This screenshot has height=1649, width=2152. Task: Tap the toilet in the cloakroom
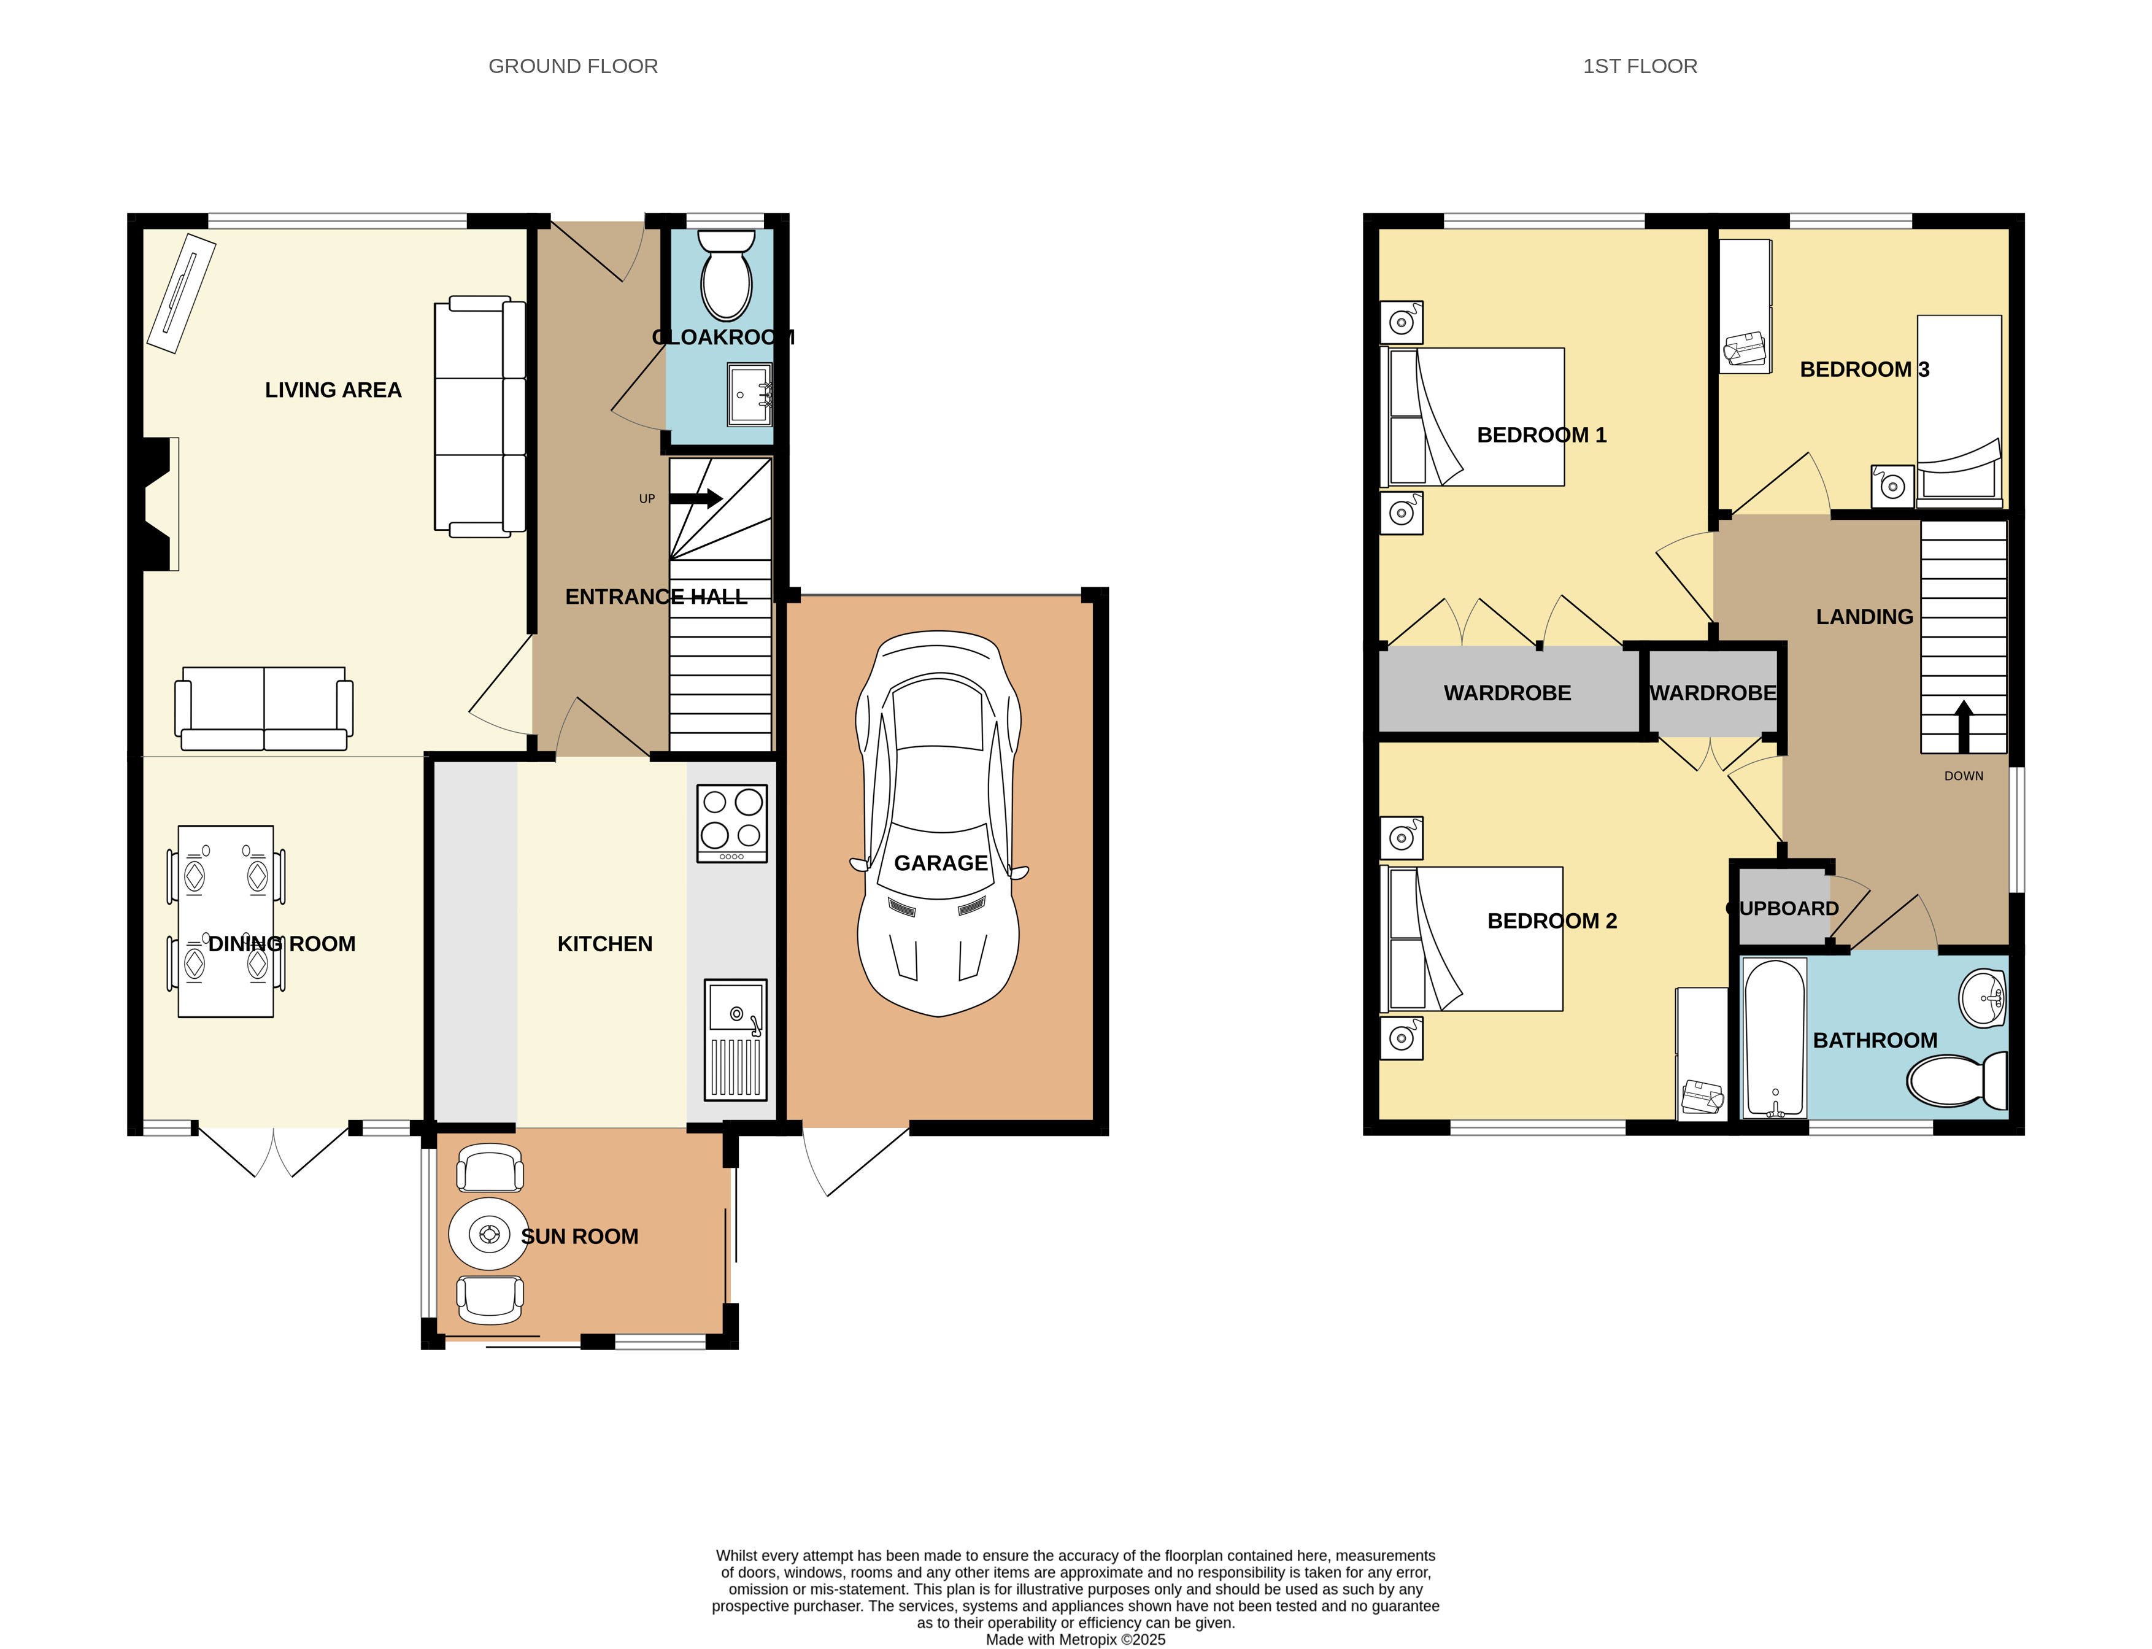726,275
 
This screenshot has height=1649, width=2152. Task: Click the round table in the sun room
488,1234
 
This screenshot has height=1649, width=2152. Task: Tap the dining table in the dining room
226,921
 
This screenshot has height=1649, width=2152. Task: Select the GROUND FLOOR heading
573,66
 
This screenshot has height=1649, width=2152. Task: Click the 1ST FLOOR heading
1640,66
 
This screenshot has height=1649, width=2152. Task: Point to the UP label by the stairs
647,498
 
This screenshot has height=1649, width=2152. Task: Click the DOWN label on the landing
1964,776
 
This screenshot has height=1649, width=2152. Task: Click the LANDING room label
1864,616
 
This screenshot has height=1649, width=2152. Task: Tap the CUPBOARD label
1783,908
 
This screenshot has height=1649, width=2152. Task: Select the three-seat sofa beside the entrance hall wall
480,416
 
